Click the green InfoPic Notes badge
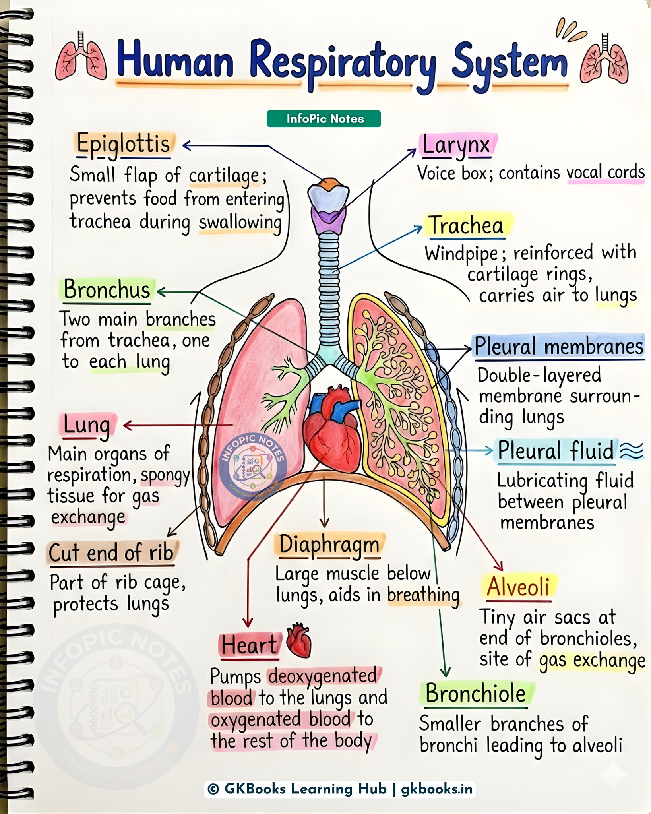[x=324, y=119]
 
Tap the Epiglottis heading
[x=124, y=145]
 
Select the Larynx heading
[x=456, y=145]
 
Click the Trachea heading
[x=466, y=226]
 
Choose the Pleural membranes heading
[x=559, y=346]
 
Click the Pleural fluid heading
[x=556, y=451]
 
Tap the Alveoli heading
[x=518, y=587]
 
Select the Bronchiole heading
[x=476, y=694]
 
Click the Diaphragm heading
[x=329, y=545]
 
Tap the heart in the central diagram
[x=332, y=431]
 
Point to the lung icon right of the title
[x=604, y=60]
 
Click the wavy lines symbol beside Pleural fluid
[x=632, y=451]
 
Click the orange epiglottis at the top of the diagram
[x=329, y=183]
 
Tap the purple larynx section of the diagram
[x=328, y=221]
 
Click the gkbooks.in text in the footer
[x=436, y=789]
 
